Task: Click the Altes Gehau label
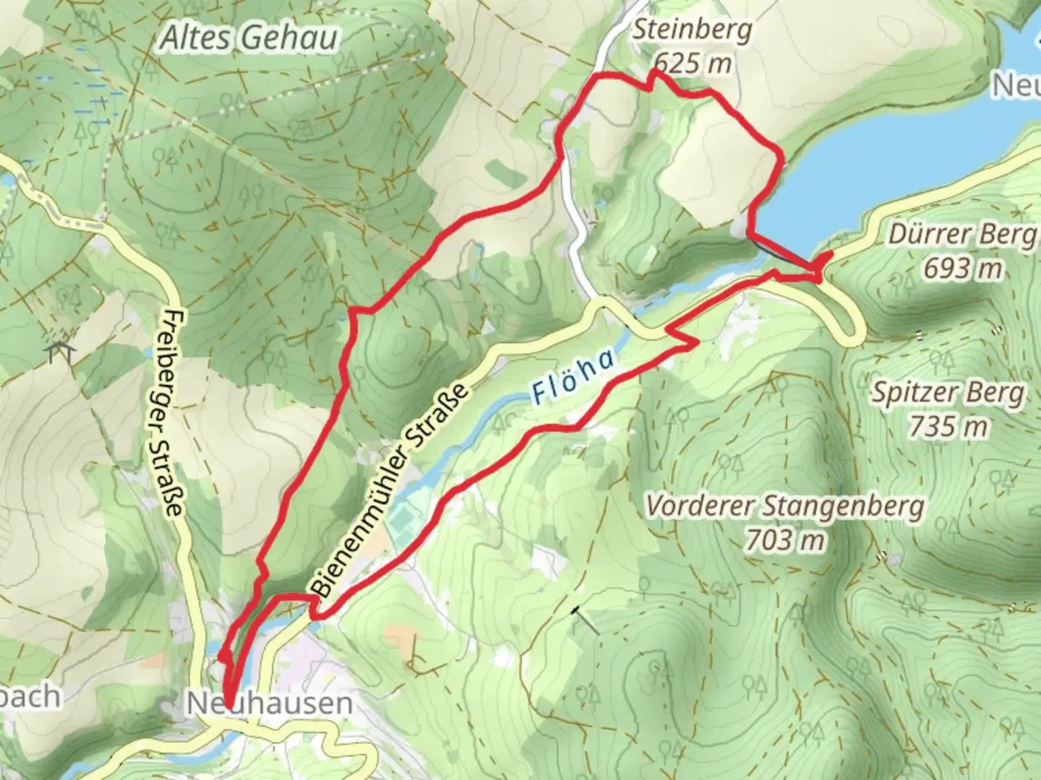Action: (x=248, y=38)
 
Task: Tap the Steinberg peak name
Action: (x=692, y=30)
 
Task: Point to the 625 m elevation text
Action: (x=693, y=64)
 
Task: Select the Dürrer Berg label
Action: (x=961, y=235)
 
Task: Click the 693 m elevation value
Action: (x=963, y=268)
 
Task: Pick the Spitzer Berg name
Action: (x=948, y=394)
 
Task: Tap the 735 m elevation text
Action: (x=948, y=426)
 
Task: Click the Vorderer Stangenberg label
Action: (x=784, y=506)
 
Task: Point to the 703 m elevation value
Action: (x=784, y=539)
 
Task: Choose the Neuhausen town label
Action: (x=270, y=703)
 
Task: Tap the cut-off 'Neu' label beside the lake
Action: (x=1016, y=85)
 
